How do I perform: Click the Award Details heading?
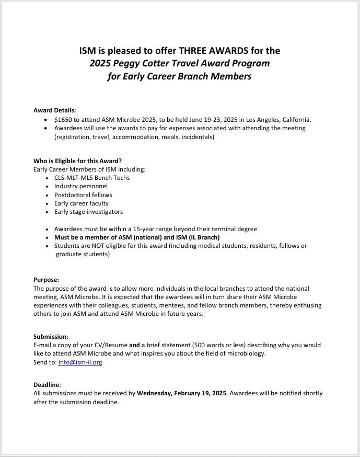tap(54, 110)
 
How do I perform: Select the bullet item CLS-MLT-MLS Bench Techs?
tap(92, 177)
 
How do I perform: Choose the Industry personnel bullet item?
tap(81, 186)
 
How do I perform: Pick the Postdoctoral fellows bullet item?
tap(83, 195)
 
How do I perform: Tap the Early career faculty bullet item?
tap(82, 203)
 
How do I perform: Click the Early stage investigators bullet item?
tap(88, 212)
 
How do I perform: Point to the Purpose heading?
tap(46, 280)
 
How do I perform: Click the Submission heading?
tap(51, 336)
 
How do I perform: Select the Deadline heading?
tap(47, 384)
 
